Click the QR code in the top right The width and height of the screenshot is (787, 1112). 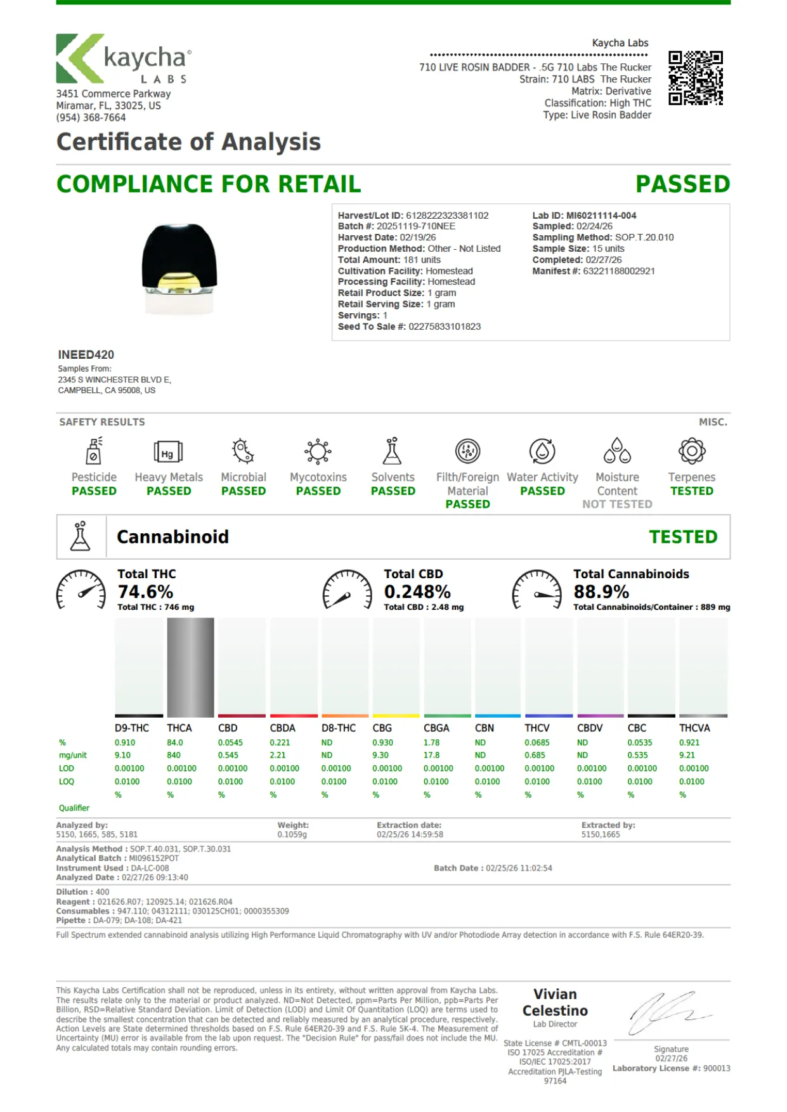tap(696, 78)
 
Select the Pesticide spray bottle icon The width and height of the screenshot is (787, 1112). tap(94, 451)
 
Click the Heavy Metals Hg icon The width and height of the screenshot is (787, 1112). tap(168, 452)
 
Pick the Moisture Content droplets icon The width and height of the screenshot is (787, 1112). tap(617, 451)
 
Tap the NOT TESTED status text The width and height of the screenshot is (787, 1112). tap(617, 504)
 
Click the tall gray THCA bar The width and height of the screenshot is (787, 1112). tap(190, 667)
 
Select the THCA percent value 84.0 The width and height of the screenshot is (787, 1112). tap(175, 742)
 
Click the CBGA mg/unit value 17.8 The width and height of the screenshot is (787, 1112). tap(431, 755)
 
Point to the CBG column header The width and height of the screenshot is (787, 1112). tap(382, 728)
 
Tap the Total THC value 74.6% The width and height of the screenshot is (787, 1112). tap(145, 592)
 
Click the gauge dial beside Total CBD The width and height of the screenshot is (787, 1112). tap(347, 590)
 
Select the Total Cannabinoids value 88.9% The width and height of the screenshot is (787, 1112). tap(601, 592)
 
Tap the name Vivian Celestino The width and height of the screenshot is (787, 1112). tap(555, 1002)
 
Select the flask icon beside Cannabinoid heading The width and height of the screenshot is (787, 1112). tap(81, 536)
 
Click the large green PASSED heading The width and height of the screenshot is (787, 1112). tap(683, 184)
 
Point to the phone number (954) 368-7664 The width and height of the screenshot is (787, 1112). tap(91, 117)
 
